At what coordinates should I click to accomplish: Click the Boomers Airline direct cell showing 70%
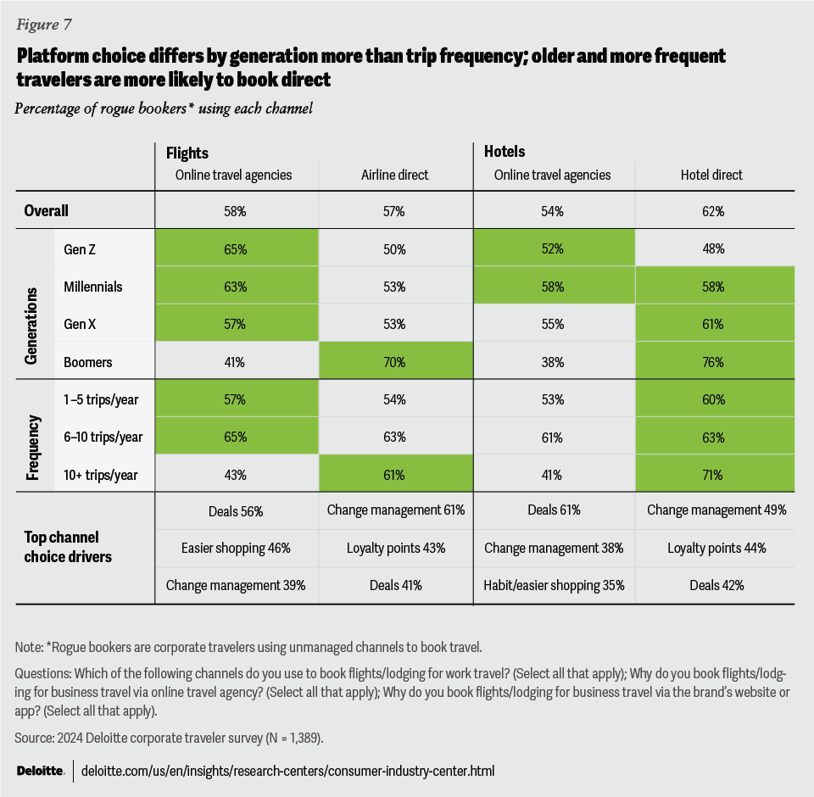pyautogui.click(x=394, y=362)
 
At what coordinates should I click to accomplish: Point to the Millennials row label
pyautogui.click(x=93, y=287)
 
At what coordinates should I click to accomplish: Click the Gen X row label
pyautogui.click(x=81, y=325)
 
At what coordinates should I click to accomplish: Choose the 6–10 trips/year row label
pyautogui.click(x=103, y=438)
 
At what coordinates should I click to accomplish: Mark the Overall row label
pyautogui.click(x=47, y=210)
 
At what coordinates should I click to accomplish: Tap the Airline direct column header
pyautogui.click(x=394, y=175)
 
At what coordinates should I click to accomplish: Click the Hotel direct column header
pyautogui.click(x=712, y=175)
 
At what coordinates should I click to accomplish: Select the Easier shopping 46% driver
pyautogui.click(x=237, y=548)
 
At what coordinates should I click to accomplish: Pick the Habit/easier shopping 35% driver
pyautogui.click(x=553, y=584)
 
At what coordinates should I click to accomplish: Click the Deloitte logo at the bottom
pyautogui.click(x=41, y=771)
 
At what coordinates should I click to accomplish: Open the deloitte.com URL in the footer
pyautogui.click(x=287, y=771)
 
